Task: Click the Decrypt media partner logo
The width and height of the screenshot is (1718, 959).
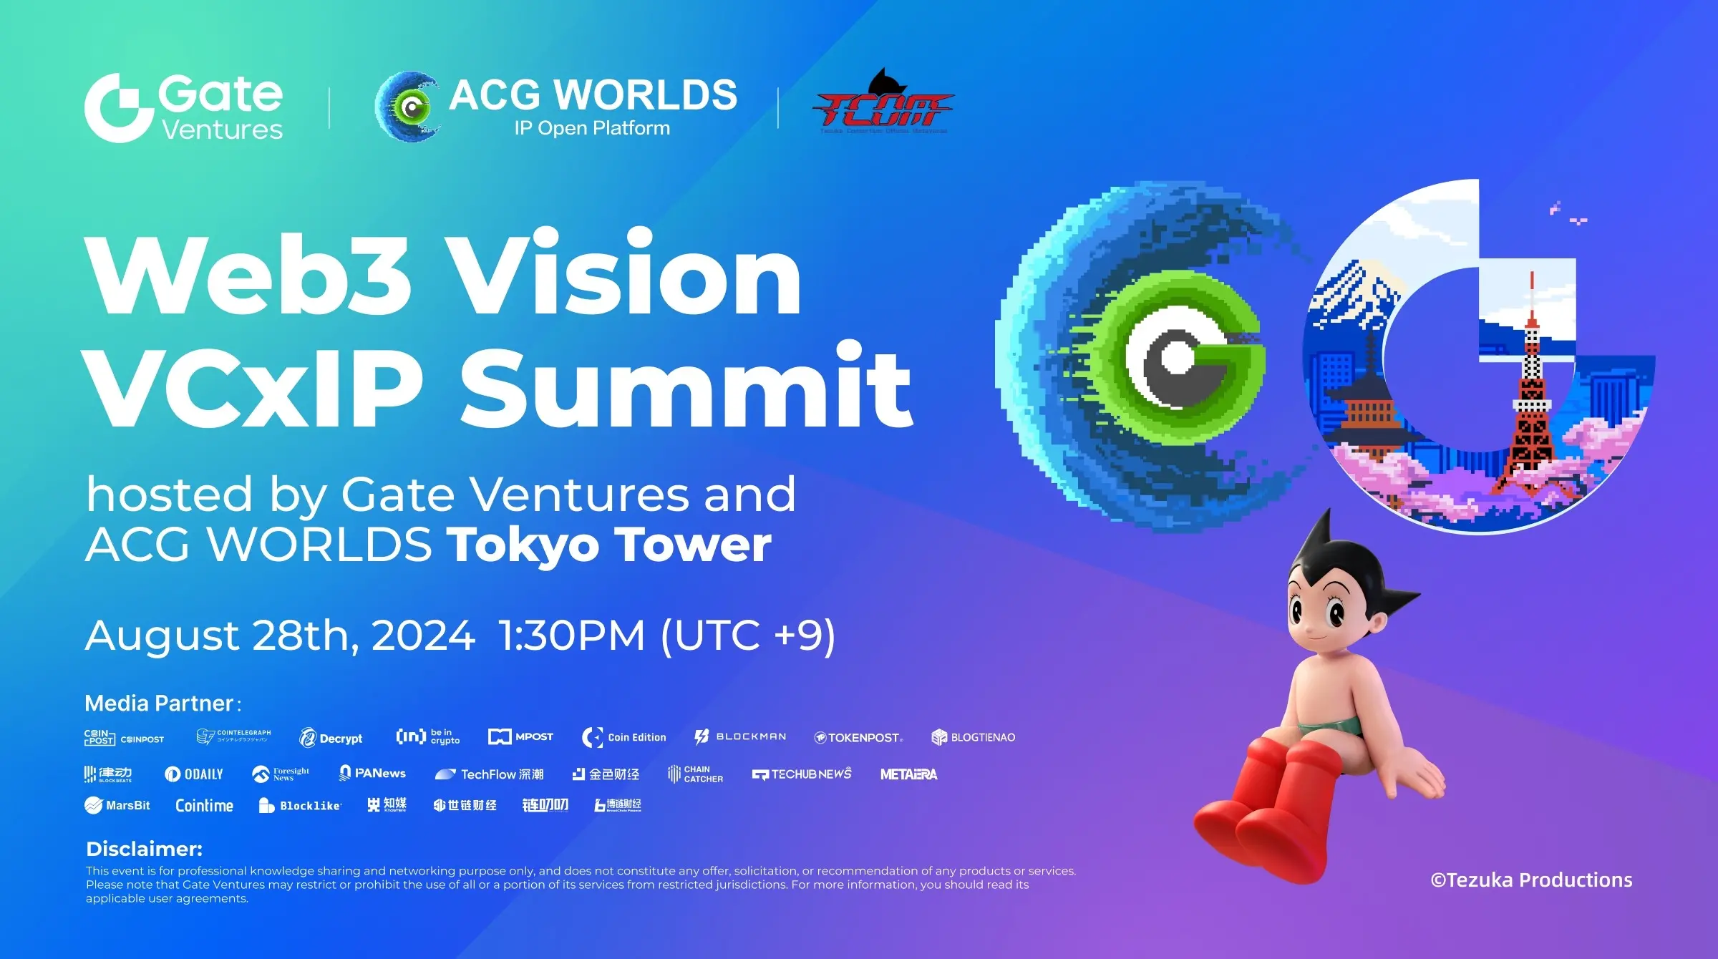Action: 331,738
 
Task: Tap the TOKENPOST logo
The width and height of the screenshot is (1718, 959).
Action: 858,737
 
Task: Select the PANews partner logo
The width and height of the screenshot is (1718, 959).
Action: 372,773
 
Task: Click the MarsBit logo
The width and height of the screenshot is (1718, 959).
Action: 117,805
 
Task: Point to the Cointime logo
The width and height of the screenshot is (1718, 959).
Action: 204,805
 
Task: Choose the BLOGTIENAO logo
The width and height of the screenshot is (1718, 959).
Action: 973,737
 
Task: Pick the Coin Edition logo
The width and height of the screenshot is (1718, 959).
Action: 624,737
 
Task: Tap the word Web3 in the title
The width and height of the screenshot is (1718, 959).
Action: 248,275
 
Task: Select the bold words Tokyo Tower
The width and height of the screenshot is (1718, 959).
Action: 609,545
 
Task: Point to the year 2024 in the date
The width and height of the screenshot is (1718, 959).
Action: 423,635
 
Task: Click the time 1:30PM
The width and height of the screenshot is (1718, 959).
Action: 571,635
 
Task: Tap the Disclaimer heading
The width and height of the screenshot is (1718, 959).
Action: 144,849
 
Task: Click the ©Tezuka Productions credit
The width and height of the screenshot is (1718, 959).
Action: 1531,880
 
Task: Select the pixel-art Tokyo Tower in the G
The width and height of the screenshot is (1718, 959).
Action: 1530,401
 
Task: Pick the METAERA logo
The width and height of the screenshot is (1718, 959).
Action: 908,774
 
